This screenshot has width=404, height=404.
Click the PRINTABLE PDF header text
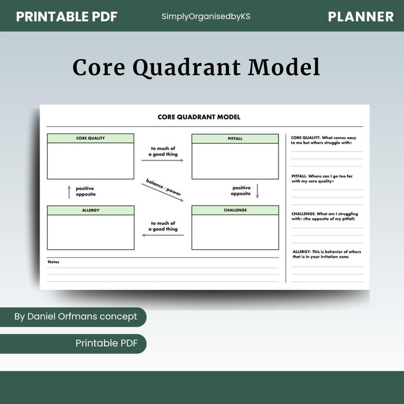[67, 16]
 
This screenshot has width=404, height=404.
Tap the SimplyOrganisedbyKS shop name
[206, 16]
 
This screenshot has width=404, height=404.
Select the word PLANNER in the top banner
[361, 16]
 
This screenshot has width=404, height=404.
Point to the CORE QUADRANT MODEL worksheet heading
[199, 117]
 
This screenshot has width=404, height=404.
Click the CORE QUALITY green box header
[91, 138]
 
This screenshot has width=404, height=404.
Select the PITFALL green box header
[235, 138]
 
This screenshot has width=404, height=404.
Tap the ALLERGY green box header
[91, 210]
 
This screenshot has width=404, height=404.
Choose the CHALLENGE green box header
[235, 210]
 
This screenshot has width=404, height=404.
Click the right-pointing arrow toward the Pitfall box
[162, 160]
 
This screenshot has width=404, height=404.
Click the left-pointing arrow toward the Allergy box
[162, 235]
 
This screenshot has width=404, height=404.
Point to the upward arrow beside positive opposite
[69, 192]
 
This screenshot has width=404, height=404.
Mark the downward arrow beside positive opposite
[257, 191]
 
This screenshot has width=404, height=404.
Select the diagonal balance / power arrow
[164, 191]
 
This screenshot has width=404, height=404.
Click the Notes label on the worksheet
[53, 262]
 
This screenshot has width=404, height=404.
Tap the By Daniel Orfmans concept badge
[75, 316]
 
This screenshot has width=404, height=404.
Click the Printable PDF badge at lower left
[106, 343]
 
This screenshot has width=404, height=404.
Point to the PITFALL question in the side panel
[322, 178]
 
